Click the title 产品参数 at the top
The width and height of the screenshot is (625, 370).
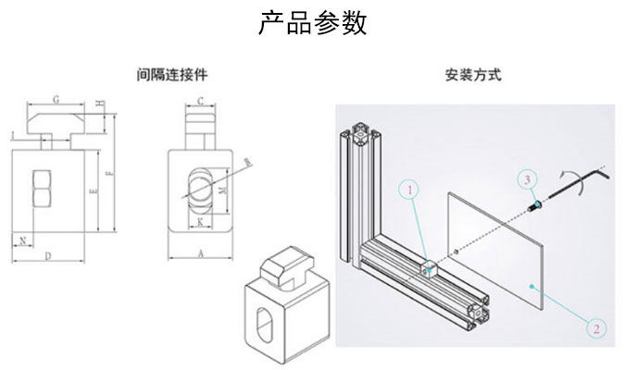tap(312, 23)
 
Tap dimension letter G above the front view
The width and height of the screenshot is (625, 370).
tap(56, 98)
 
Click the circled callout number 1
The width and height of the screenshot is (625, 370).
tap(407, 191)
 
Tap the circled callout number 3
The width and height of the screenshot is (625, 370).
tap(525, 177)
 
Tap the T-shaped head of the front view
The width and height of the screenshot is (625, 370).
tap(56, 120)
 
